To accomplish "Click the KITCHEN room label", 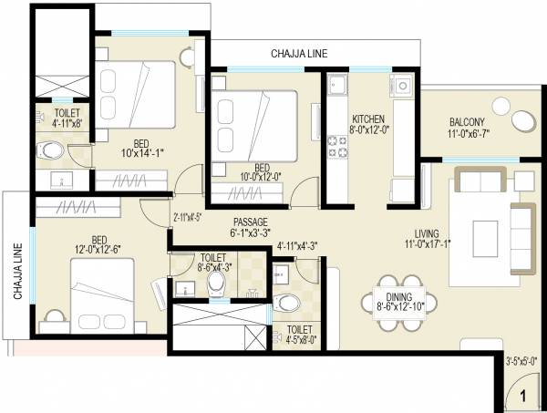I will coord(368,119).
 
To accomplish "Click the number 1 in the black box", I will coord(523,397).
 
